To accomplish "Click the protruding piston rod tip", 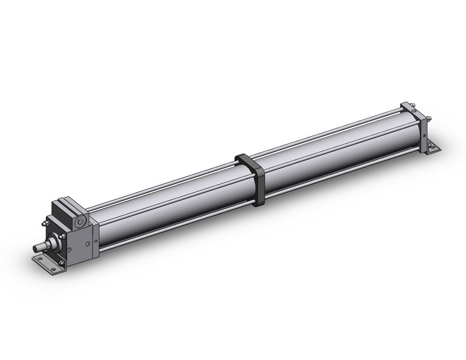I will pyautogui.click(x=38, y=248).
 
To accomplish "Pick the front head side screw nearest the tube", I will pyautogui.click(x=90, y=245).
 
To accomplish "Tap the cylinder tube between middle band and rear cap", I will pyautogui.click(x=331, y=147).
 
